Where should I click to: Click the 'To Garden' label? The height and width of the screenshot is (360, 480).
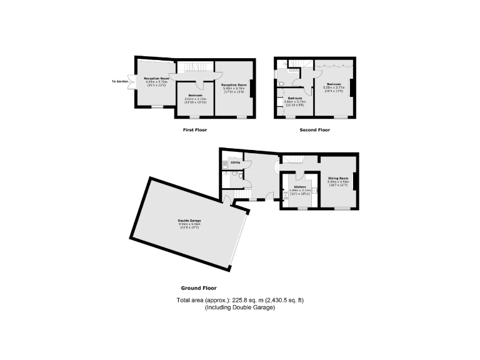[119, 81]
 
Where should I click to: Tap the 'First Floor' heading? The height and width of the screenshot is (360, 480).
[194, 130]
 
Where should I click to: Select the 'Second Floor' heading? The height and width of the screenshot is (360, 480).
[316, 130]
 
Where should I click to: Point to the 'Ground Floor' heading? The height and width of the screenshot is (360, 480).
[198, 288]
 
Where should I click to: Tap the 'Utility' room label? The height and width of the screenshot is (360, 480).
[236, 162]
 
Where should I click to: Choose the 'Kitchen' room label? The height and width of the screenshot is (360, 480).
[300, 187]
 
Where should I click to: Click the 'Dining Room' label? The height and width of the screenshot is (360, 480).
[338, 178]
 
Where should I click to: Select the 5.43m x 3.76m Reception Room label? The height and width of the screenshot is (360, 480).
[234, 84]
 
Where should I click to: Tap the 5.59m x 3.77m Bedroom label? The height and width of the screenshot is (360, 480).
[332, 84]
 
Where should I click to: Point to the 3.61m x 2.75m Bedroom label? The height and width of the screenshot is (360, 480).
[294, 98]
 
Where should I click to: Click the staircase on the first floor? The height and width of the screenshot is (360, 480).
[194, 67]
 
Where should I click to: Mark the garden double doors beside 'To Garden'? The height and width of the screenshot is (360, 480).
[131, 81]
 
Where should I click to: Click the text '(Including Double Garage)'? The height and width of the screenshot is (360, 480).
[240, 307]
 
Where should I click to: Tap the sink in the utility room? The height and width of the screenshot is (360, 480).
[224, 164]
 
